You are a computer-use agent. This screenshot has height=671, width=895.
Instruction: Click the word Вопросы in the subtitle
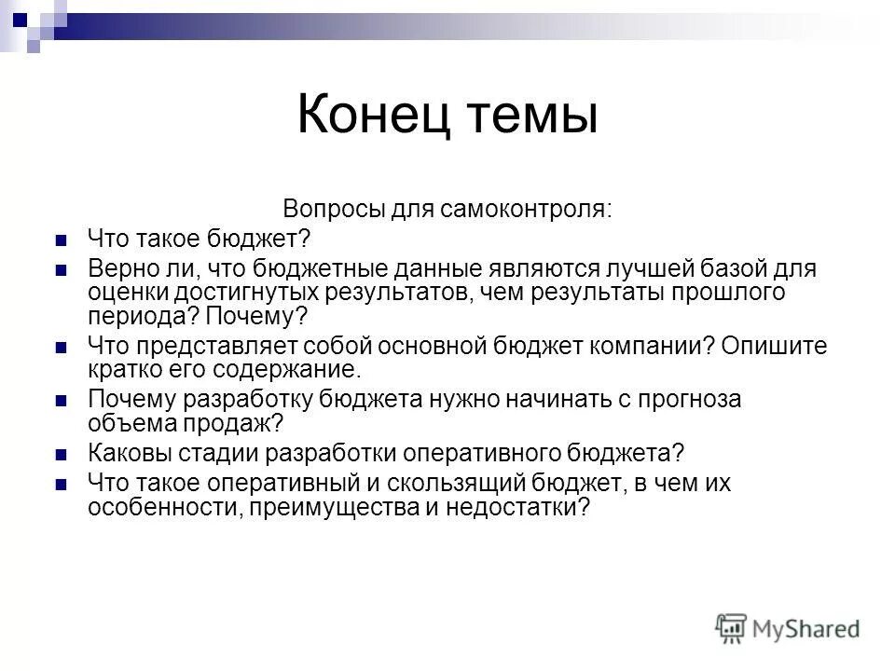pyautogui.click(x=331, y=208)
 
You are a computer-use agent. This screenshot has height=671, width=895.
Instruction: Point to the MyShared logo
pyautogui.click(x=789, y=628)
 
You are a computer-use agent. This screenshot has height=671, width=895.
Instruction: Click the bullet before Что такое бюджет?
pyautogui.click(x=62, y=240)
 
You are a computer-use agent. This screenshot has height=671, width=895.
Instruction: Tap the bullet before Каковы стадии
pyautogui.click(x=62, y=456)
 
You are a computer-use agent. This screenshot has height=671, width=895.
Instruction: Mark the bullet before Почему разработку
pyautogui.click(x=62, y=402)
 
